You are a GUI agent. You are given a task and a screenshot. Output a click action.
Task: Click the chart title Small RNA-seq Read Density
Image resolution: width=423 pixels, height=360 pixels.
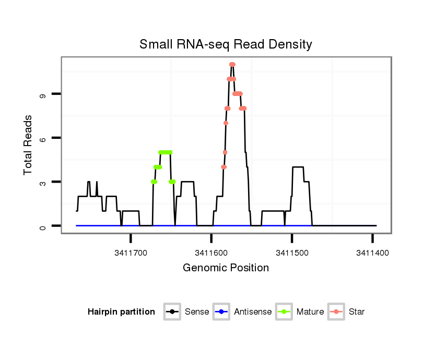click(226, 44)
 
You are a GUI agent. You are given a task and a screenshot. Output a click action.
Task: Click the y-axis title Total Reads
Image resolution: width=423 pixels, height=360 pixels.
click(29, 145)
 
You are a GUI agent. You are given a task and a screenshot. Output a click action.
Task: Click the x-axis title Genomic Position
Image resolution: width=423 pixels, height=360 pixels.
click(226, 268)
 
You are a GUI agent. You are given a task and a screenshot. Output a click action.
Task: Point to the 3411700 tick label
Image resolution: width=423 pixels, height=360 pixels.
click(131, 252)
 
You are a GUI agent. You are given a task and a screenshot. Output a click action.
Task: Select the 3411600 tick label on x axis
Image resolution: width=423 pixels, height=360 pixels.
click(211, 252)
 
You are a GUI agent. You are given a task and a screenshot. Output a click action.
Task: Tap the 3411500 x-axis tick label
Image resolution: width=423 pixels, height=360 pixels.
click(291, 252)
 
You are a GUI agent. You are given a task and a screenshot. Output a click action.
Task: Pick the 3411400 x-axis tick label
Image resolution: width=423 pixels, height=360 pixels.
click(372, 252)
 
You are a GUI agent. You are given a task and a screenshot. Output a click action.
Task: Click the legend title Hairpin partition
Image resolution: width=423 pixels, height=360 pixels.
click(121, 312)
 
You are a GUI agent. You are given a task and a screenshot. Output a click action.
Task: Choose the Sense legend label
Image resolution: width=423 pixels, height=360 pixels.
click(197, 312)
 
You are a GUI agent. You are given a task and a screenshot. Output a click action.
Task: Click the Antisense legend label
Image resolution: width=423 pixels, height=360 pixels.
click(253, 312)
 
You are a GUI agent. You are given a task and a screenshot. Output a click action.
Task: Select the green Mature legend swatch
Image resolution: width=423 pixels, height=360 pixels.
click(286, 312)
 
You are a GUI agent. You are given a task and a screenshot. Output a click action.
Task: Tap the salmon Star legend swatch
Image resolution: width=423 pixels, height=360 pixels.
click(337, 312)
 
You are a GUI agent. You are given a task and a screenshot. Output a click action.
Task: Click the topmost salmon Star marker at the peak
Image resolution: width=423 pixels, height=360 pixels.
click(232, 65)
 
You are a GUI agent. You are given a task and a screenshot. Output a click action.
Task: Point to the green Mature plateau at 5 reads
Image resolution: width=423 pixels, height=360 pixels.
click(166, 152)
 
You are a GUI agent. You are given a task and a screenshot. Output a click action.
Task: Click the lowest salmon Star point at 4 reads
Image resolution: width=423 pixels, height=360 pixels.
click(224, 167)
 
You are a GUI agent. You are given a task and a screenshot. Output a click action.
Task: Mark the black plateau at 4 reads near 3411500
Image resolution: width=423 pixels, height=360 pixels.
click(298, 167)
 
